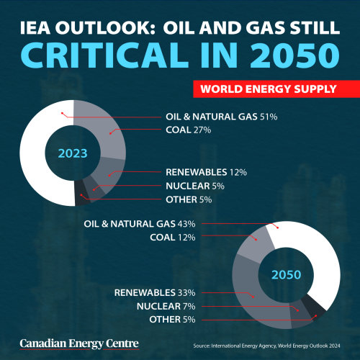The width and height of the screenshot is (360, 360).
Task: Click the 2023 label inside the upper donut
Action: [x=73, y=153]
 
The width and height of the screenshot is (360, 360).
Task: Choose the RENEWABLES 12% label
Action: [x=206, y=172]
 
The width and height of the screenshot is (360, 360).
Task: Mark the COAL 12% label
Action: [x=172, y=238]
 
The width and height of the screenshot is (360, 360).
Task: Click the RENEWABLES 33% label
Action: [x=156, y=292]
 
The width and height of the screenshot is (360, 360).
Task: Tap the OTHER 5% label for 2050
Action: [x=173, y=319]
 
